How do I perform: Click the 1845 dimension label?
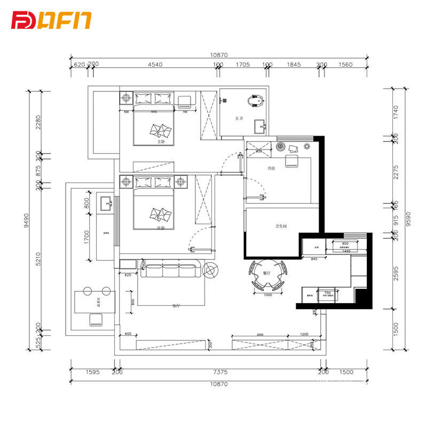[294, 65]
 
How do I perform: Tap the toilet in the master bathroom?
[255, 100]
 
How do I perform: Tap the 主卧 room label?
[161, 143]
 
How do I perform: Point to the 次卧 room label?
[160, 228]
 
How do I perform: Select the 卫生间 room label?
[281, 226]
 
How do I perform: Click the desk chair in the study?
[292, 161]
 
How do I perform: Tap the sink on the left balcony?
[106, 203]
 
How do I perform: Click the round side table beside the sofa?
[210, 270]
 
